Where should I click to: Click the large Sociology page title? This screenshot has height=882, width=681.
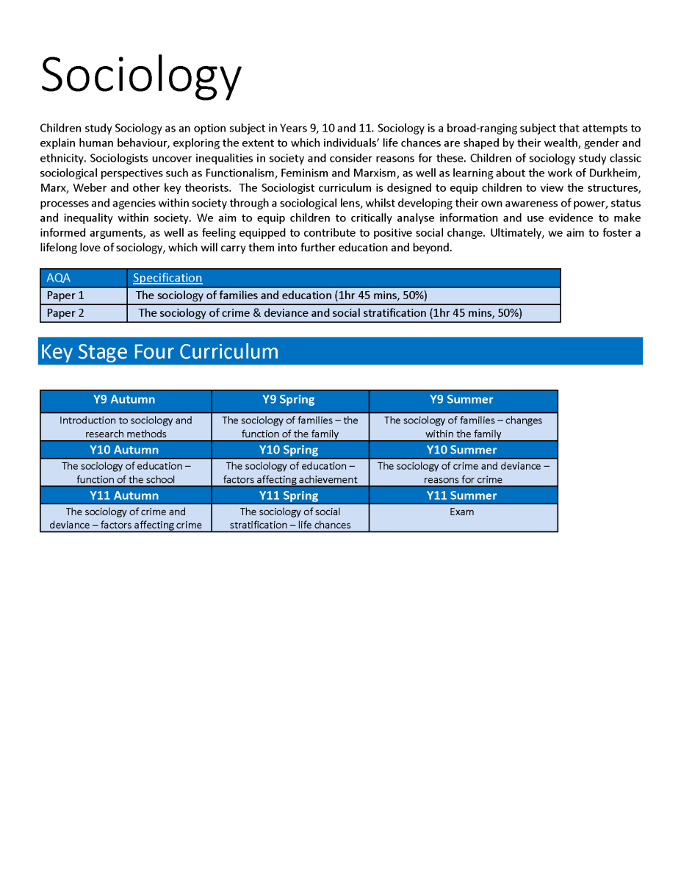[x=140, y=75]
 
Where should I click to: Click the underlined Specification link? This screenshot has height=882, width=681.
[x=167, y=278]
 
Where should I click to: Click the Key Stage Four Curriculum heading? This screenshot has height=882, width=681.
[x=159, y=351]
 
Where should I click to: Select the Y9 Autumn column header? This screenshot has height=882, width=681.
[x=124, y=400]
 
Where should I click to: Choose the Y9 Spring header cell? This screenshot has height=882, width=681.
[x=289, y=400]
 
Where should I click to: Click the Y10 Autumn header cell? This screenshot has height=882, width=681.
[x=124, y=450]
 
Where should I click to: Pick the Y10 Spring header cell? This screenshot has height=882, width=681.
[x=289, y=450]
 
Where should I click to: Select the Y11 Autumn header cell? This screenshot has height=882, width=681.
[x=124, y=495]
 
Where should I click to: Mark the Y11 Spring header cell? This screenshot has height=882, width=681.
[x=289, y=495]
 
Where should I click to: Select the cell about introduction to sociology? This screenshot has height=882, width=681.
[x=126, y=427]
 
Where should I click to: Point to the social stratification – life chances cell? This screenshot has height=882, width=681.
[x=290, y=518]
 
